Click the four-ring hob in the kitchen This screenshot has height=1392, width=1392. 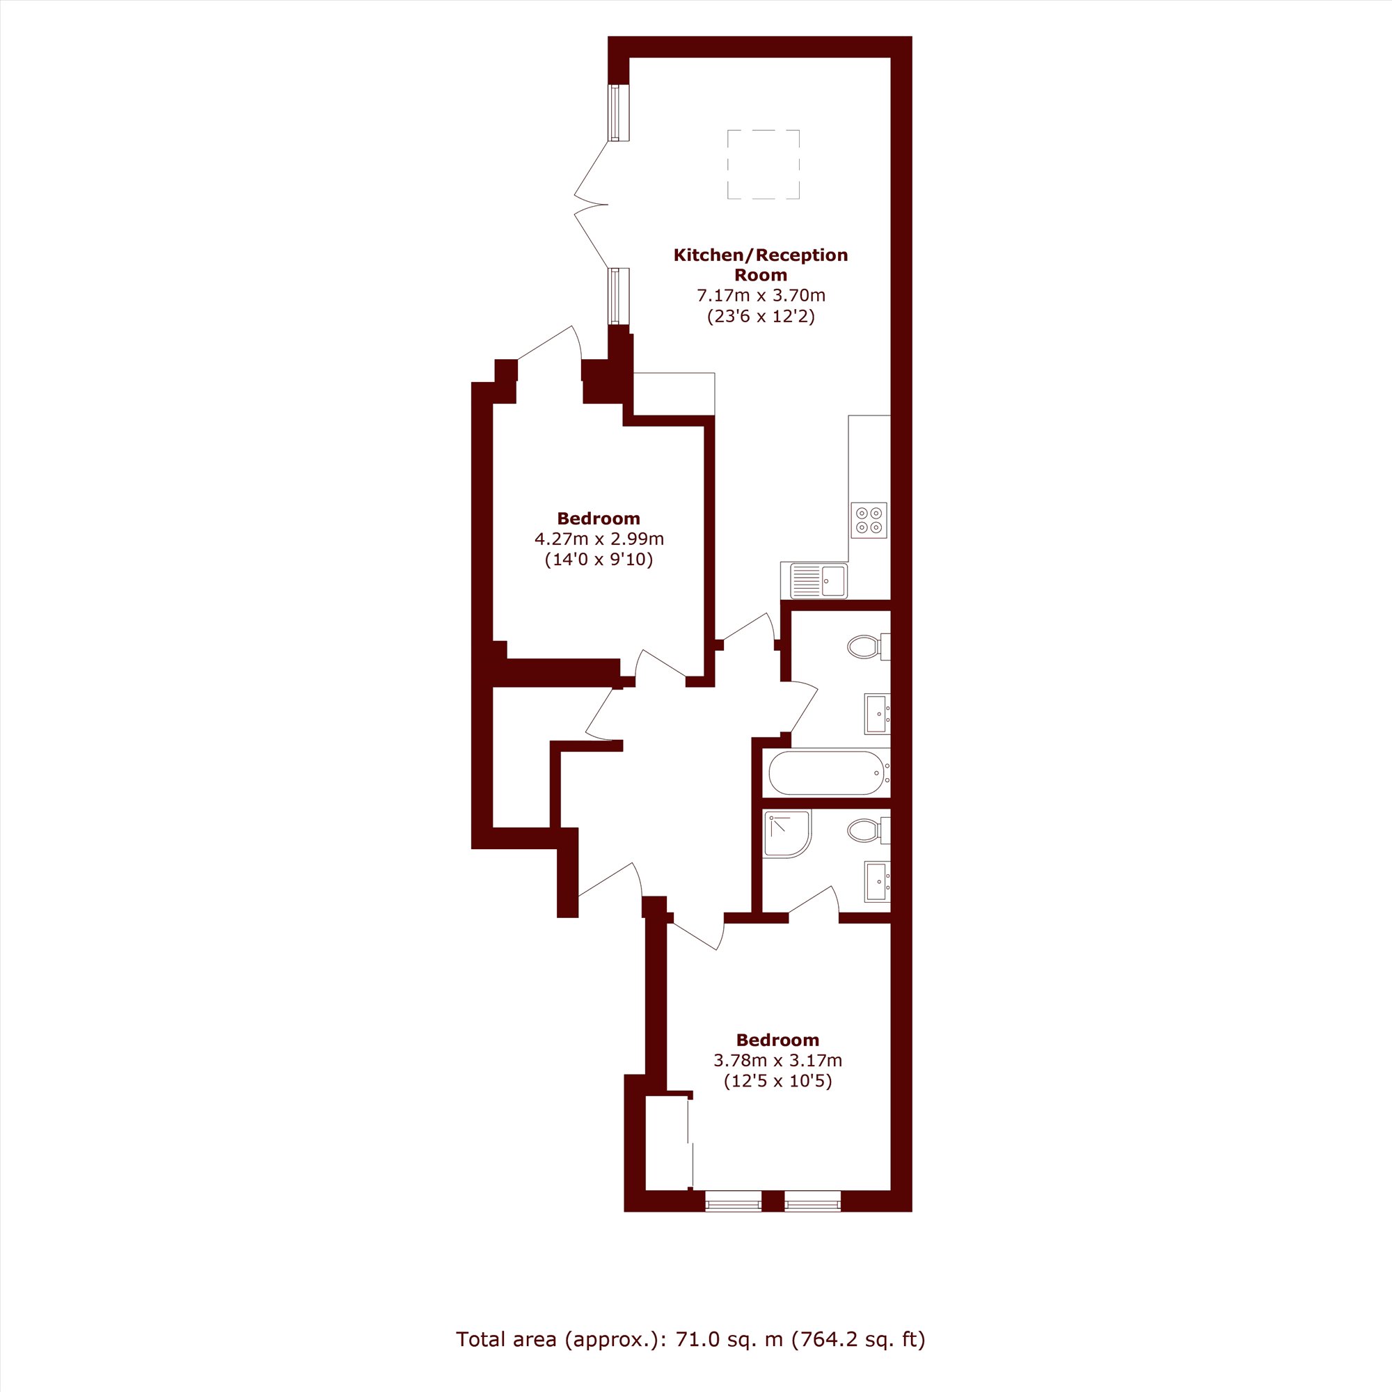869,520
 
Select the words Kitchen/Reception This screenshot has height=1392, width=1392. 760,255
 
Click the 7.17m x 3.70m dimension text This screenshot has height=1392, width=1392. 760,295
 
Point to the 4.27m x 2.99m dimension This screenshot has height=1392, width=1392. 599,539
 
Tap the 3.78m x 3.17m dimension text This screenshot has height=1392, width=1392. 777,1061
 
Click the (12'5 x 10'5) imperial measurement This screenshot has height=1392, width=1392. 777,1081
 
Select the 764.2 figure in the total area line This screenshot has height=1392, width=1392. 828,1338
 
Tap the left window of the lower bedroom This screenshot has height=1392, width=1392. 733,1201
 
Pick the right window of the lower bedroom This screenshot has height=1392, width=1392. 812,1201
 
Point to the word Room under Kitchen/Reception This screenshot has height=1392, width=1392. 760,274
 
